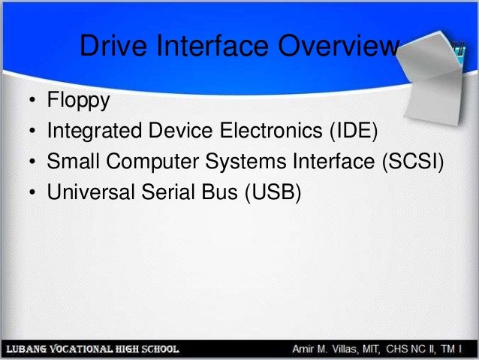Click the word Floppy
(78, 101)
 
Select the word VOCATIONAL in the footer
(89, 350)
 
